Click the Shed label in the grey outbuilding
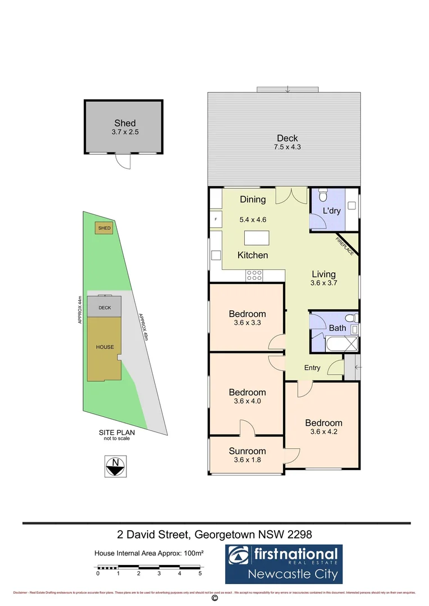[125, 123]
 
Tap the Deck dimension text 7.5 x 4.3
[287, 148]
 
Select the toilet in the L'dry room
[322, 196]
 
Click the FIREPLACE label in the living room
[345, 246]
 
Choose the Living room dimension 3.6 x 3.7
[323, 284]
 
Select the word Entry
[312, 368]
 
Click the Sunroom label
[247, 451]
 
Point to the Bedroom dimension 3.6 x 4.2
[323, 432]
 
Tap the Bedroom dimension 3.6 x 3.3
[247, 323]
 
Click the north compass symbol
[116, 466]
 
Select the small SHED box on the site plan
[104, 228]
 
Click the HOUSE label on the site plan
[105, 347]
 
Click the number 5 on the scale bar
[200, 573]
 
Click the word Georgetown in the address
[228, 534]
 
